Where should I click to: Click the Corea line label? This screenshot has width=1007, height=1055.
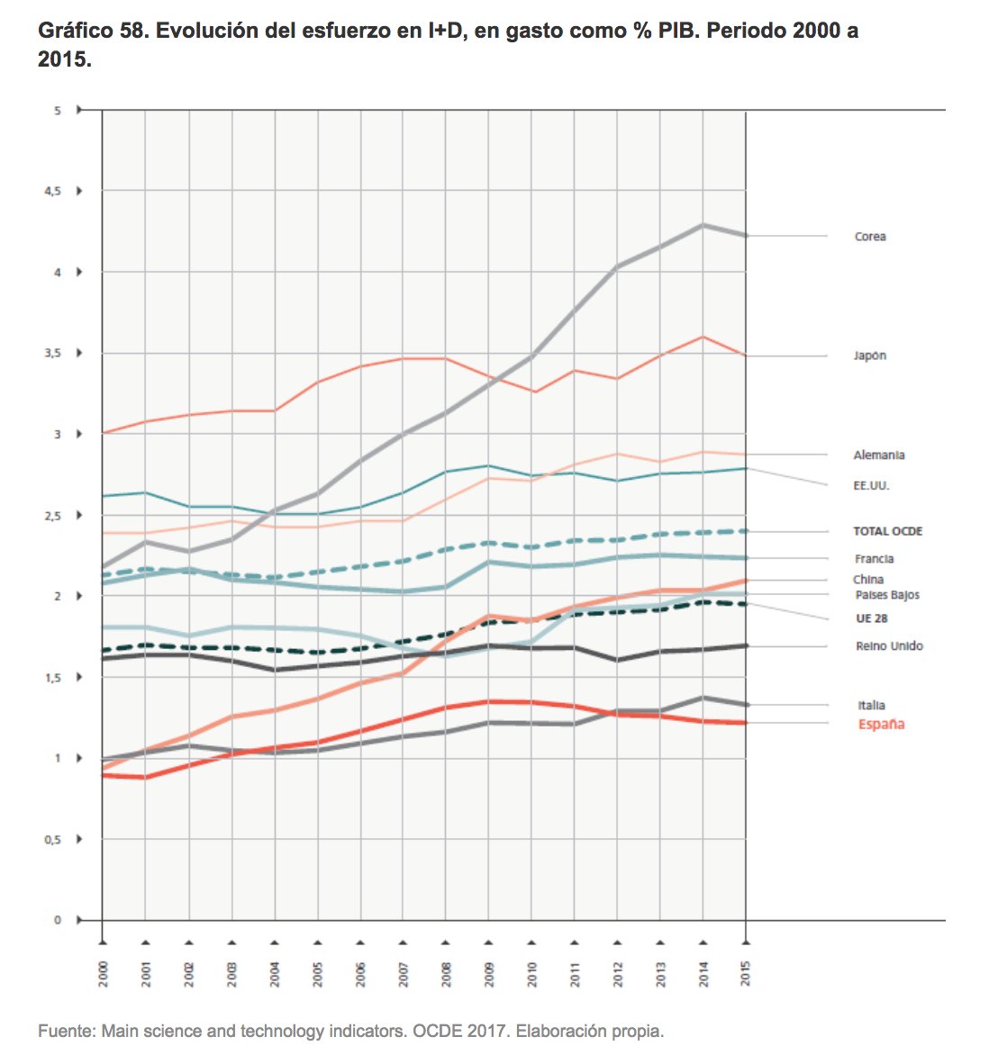(x=869, y=237)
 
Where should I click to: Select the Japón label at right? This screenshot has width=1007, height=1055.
(x=869, y=356)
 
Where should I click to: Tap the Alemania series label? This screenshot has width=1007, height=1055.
(x=878, y=455)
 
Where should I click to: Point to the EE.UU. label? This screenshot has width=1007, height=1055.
(x=871, y=486)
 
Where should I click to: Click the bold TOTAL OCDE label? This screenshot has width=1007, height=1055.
(x=887, y=532)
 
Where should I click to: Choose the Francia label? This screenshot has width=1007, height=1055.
(x=874, y=559)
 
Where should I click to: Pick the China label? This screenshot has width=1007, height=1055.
(x=868, y=580)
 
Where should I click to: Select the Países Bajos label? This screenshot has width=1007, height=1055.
(x=886, y=595)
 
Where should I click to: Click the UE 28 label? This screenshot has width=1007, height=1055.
(x=871, y=618)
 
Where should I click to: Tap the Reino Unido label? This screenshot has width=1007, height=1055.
(x=888, y=646)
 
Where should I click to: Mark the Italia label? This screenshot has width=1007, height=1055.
(x=871, y=706)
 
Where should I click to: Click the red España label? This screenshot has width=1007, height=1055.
(x=880, y=725)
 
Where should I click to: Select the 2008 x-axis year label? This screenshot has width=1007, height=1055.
(x=447, y=974)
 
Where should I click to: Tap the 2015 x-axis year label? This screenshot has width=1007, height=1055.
(x=746, y=974)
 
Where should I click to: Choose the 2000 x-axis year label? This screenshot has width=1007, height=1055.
(x=104, y=974)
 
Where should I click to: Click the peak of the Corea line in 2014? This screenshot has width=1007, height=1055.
(x=703, y=225)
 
